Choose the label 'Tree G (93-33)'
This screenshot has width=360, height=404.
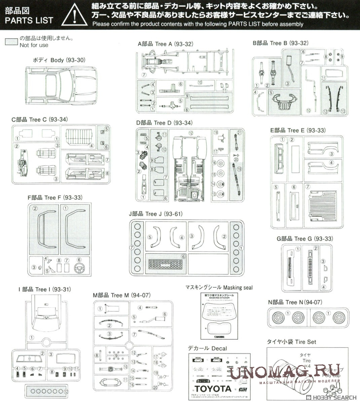pyautogui.click(x=305, y=238)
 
